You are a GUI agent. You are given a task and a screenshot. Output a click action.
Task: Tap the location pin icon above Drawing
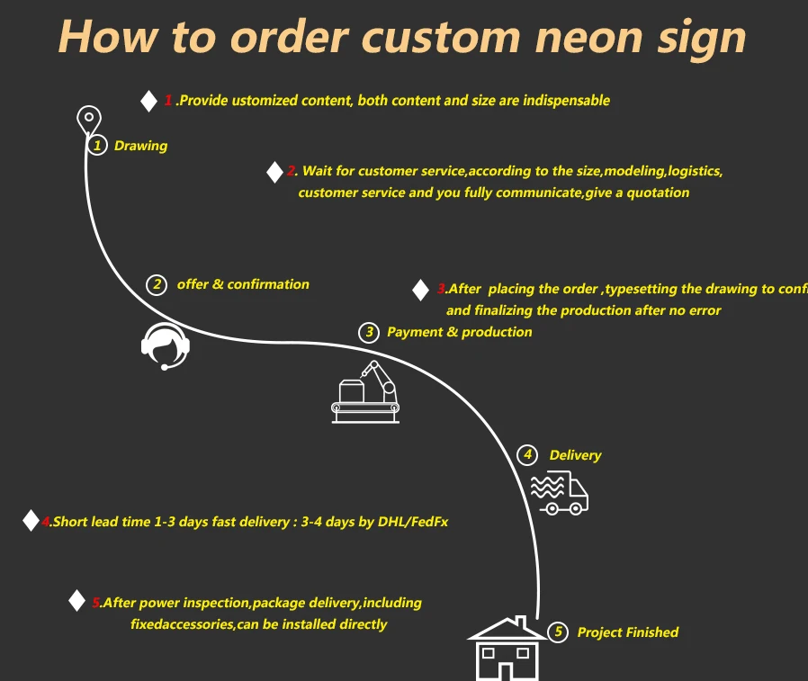(88, 120)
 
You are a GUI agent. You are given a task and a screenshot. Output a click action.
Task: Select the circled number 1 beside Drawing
(97, 145)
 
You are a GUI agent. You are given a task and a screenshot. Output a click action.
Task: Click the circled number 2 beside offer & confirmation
(157, 284)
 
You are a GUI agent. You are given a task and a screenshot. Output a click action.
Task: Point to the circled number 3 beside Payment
(368, 332)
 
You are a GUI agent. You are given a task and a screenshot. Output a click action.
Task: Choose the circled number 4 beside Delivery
(528, 455)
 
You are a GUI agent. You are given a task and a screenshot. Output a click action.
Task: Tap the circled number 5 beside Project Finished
(558, 632)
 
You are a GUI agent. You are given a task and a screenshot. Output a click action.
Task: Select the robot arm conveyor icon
(365, 390)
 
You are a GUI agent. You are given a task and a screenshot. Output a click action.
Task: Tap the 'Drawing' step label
(140, 146)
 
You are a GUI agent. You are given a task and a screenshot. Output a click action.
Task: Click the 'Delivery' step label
(575, 455)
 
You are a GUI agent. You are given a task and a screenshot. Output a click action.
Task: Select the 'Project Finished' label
(627, 632)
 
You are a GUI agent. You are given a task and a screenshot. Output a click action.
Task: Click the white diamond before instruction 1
(149, 101)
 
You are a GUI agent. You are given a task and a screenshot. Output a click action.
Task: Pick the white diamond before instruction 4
(31, 521)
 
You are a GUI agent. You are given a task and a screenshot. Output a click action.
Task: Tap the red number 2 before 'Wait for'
(292, 171)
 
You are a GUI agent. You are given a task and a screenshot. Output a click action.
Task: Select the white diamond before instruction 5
(77, 601)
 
